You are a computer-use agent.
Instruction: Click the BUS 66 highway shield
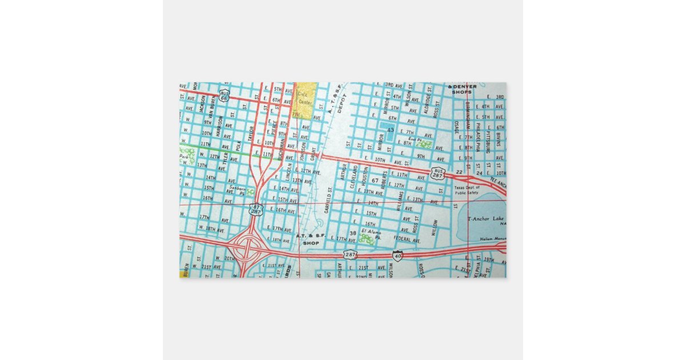(x=224, y=95)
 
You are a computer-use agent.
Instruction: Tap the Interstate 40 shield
(x=397, y=255)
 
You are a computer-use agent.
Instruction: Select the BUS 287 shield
(x=438, y=174)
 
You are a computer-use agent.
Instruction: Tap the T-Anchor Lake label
(x=486, y=219)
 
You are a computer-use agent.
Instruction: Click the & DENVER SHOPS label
(x=464, y=89)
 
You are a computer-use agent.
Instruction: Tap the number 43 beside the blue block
(x=390, y=130)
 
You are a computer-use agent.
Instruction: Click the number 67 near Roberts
(x=375, y=181)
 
